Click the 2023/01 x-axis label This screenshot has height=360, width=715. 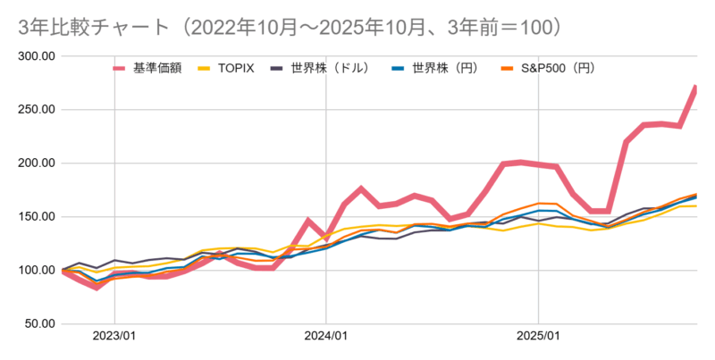click(114, 339)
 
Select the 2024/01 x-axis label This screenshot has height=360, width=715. click(325, 339)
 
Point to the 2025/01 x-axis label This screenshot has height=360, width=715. click(538, 339)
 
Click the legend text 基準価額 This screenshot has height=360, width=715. click(157, 67)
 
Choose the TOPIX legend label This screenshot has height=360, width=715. click(237, 67)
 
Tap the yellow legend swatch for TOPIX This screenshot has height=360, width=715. click(205, 67)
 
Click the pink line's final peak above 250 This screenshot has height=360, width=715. click(695, 88)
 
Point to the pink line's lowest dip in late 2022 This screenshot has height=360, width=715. click(97, 287)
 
